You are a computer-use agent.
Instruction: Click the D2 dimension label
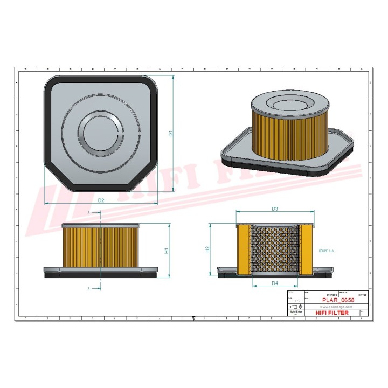pos(101,200)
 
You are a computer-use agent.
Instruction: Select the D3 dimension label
pos(274,209)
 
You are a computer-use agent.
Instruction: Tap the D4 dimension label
pos(274,283)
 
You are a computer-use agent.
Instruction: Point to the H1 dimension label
pos(167,251)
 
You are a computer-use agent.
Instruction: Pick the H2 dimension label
pos(207,250)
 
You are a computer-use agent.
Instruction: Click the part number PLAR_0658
pos(337,300)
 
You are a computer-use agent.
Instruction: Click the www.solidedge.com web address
pos(337,306)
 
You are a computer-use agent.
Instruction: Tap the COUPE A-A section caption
pos(326,251)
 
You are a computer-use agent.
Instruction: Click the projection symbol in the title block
pos(295,306)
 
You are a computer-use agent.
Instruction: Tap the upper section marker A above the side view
pos(88,213)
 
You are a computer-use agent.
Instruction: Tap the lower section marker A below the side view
pos(88,289)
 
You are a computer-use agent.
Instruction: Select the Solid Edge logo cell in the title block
pos(295,313)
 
